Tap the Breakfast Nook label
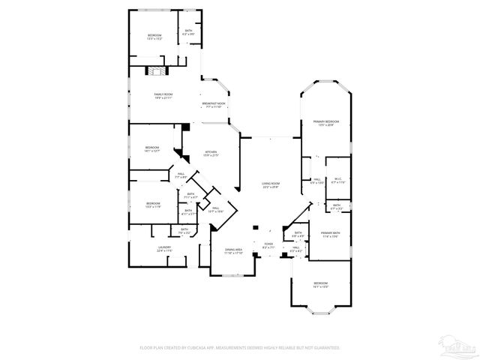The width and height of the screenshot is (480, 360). click(x=214, y=104)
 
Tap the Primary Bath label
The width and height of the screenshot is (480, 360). click(x=331, y=235)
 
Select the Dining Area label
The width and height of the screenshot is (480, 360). click(x=234, y=250)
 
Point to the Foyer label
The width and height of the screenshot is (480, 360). click(x=268, y=244)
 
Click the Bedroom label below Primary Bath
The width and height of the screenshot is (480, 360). click(x=320, y=284)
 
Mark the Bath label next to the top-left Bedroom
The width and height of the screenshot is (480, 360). click(x=189, y=32)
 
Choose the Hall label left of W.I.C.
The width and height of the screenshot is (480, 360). click(x=317, y=180)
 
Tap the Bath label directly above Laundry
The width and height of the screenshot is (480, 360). click(x=184, y=231)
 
